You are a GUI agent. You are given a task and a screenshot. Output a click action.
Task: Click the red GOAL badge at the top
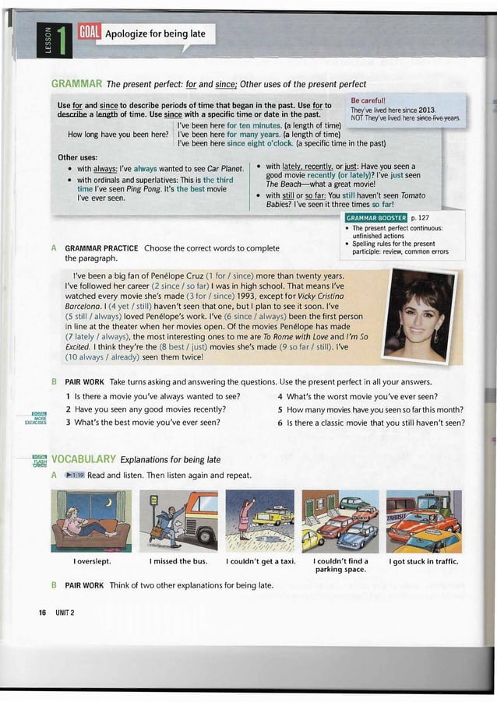(x=89, y=32)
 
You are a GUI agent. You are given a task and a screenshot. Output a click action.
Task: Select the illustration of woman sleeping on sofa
(x=91, y=521)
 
